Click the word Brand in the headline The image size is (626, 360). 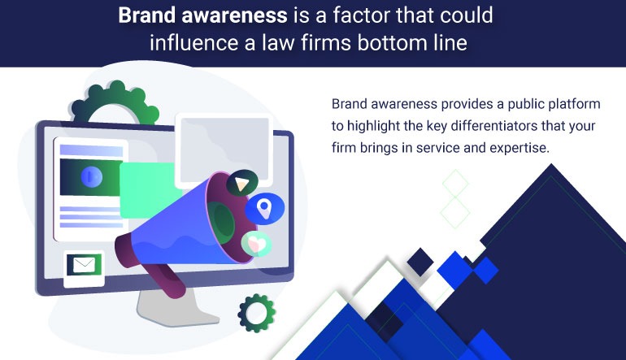point(147,15)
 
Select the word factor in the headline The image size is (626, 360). point(360,15)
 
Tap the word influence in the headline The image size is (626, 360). point(193,42)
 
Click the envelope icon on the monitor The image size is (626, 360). point(84,265)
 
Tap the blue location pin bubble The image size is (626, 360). point(264,208)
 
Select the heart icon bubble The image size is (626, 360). point(256,244)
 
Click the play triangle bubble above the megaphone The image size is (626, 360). point(242,183)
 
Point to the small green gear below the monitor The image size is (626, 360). point(257,313)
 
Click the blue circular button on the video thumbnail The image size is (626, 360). point(91,177)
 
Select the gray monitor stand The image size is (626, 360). point(176,306)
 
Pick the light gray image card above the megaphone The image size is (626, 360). point(224,149)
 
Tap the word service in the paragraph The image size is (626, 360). point(438,148)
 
